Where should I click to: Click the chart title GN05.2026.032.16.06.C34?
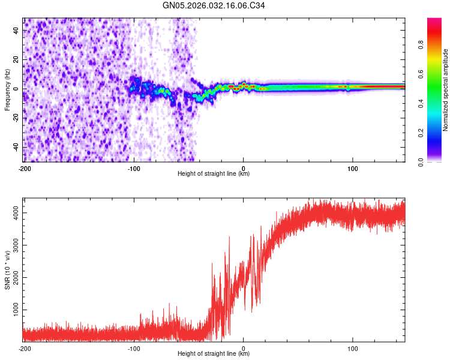214,5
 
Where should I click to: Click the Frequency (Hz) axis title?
7,89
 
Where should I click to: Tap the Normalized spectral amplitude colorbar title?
445,91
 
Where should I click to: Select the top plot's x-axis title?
214,173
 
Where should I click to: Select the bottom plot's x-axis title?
214,353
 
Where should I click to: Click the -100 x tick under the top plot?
133,168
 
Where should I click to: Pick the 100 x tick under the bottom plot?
353,348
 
